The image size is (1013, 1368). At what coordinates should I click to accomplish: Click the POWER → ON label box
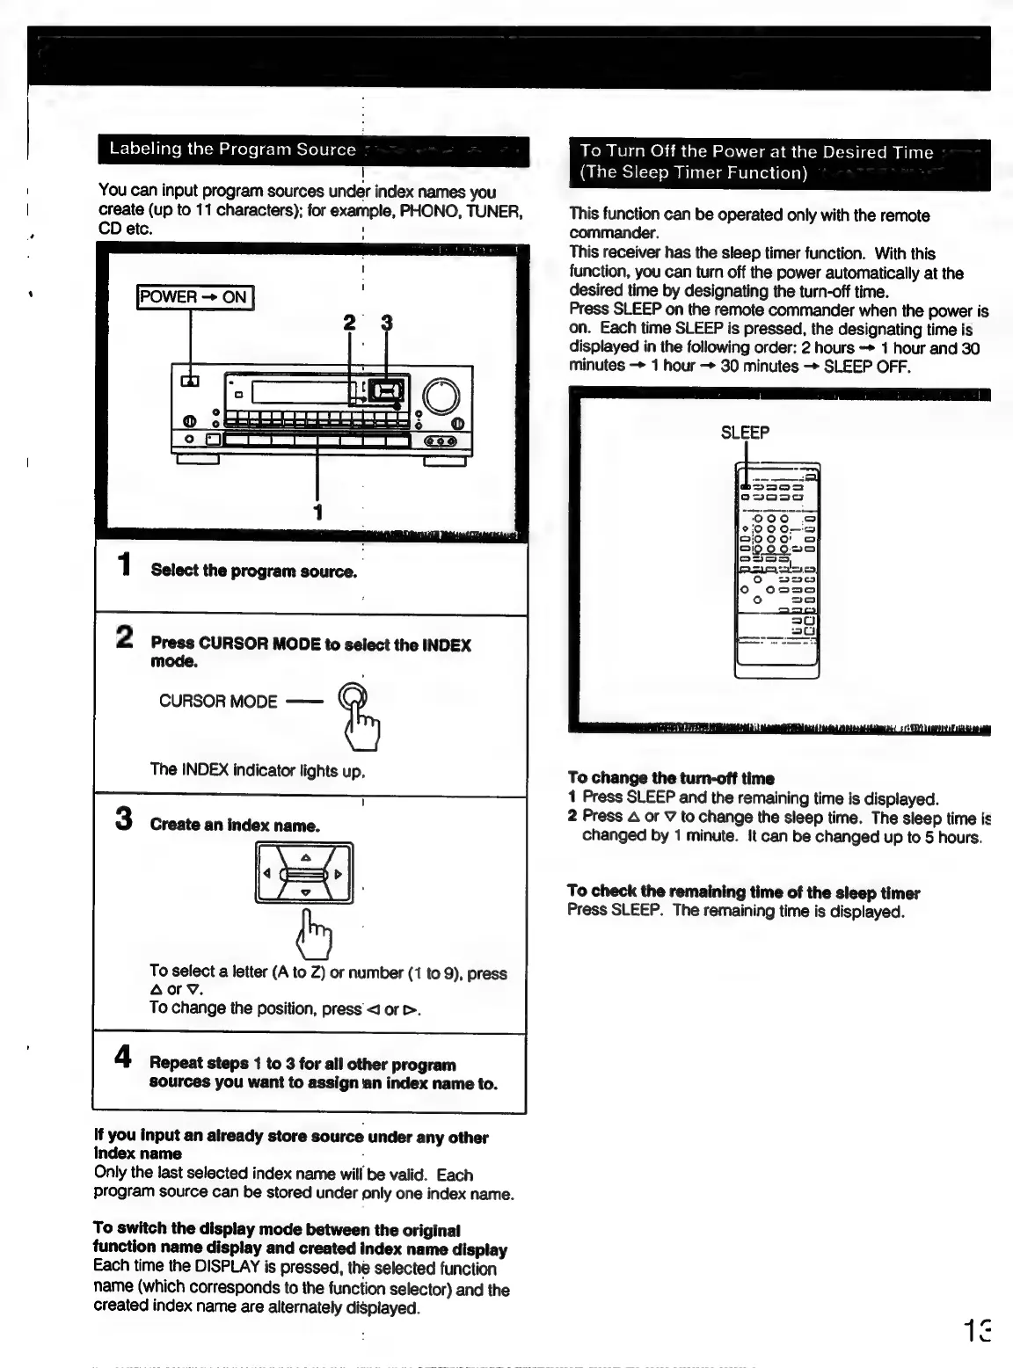[195, 297]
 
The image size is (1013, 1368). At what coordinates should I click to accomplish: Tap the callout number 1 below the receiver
[318, 512]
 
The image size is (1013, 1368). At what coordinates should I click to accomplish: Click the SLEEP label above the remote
[745, 433]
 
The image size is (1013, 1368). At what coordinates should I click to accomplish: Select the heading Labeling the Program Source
[232, 149]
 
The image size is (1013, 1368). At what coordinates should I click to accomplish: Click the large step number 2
[126, 637]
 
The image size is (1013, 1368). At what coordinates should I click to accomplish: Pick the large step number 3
[125, 819]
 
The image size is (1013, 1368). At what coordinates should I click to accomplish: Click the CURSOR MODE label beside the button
[218, 702]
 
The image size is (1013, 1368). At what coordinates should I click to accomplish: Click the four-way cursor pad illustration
[304, 873]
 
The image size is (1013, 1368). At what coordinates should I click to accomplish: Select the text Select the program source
[254, 571]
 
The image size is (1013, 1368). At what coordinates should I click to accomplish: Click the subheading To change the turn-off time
[671, 778]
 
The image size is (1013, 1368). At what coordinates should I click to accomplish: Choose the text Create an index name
[235, 826]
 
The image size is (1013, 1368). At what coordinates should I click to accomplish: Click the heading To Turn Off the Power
[756, 153]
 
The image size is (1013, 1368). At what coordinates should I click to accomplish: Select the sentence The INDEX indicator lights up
[257, 771]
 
